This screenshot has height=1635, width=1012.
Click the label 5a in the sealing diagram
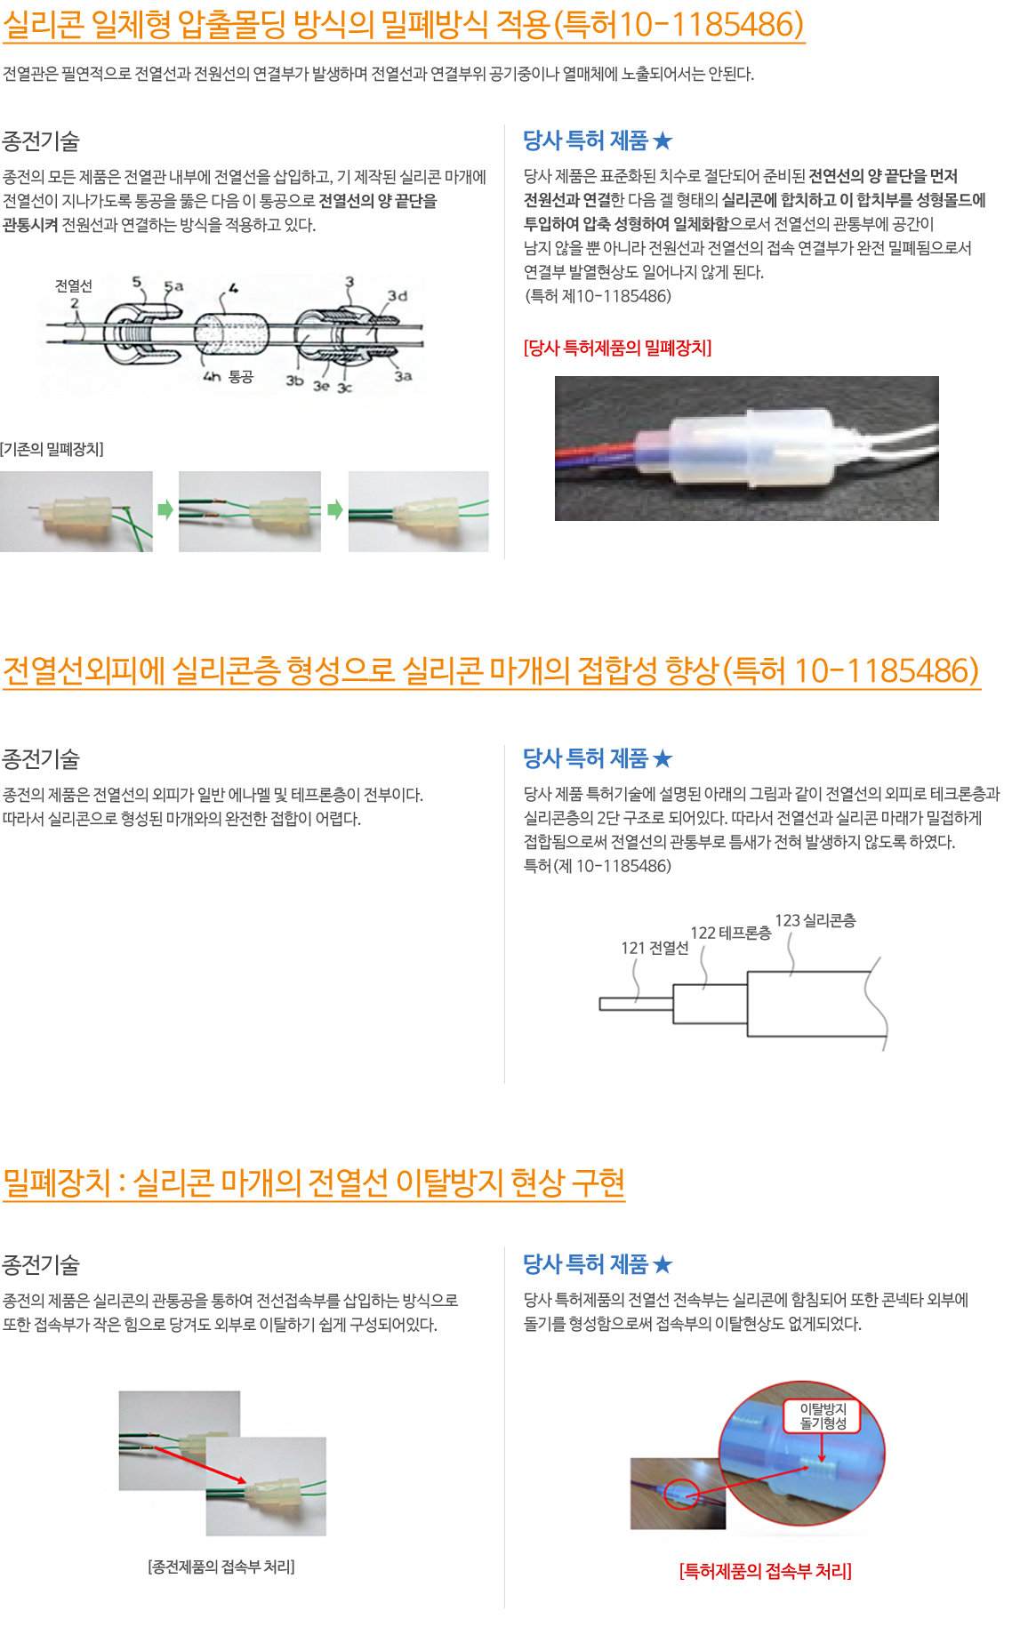(x=173, y=286)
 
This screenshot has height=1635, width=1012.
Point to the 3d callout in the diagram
(x=397, y=296)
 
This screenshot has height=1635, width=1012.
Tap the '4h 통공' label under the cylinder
(x=229, y=377)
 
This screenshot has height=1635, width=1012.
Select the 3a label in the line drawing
(x=403, y=376)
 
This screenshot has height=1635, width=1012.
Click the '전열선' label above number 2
(x=74, y=285)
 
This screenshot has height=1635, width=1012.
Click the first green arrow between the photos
(x=165, y=509)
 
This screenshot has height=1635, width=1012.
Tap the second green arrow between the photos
(x=334, y=509)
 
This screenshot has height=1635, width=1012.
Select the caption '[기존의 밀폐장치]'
(x=52, y=449)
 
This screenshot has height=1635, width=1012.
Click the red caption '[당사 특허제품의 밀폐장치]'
(x=618, y=348)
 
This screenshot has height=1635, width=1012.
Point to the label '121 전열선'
(x=655, y=948)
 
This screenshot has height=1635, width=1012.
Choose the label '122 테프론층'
(x=731, y=933)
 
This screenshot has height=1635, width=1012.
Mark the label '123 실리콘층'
(x=815, y=920)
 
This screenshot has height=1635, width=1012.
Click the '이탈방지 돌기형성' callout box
(x=823, y=1415)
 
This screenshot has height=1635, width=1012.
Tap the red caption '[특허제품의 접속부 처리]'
(x=766, y=1571)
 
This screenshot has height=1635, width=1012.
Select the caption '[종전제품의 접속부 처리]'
(x=221, y=1567)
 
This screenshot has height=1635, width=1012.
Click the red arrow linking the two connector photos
(x=199, y=1464)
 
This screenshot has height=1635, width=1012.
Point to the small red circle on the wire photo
(x=682, y=1495)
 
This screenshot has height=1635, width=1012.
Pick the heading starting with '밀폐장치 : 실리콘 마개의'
(x=314, y=1182)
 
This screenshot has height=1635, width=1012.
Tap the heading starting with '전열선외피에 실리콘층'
(x=491, y=670)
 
